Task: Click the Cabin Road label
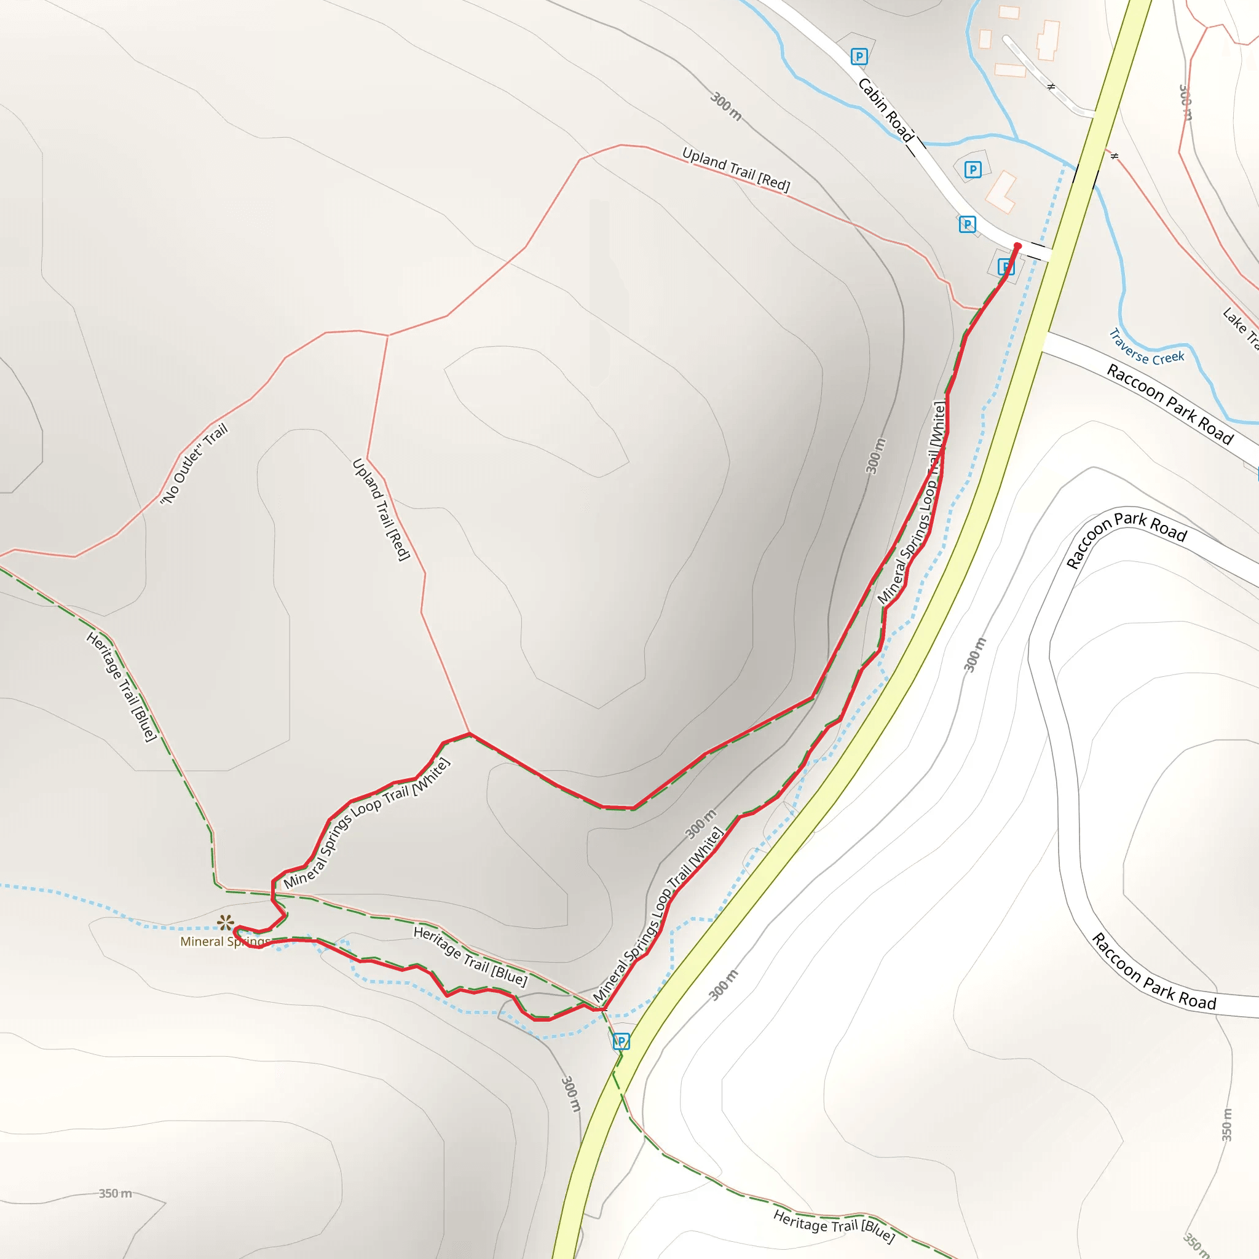pyautogui.click(x=886, y=109)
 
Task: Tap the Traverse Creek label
pyautogui.click(x=1147, y=348)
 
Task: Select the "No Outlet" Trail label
pyautogui.click(x=194, y=464)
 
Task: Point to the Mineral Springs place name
pyautogui.click(x=224, y=942)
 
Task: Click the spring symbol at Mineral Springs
pyautogui.click(x=226, y=923)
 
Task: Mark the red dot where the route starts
pyautogui.click(x=1017, y=247)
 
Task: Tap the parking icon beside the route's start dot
pyautogui.click(x=1006, y=267)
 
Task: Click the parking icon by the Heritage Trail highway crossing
pyautogui.click(x=621, y=1041)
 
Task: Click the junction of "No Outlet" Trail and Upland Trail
pyautogui.click(x=389, y=335)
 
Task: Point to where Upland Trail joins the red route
pyautogui.click(x=470, y=734)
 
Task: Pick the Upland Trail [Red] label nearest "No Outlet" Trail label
pyautogui.click(x=381, y=510)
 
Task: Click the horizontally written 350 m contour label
pyautogui.click(x=116, y=1193)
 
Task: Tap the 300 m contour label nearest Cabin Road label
pyautogui.click(x=725, y=106)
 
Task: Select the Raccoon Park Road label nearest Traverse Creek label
pyautogui.click(x=1170, y=405)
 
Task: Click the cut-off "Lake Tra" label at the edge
pyautogui.click(x=1241, y=328)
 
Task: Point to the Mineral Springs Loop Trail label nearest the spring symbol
pyautogui.click(x=367, y=824)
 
